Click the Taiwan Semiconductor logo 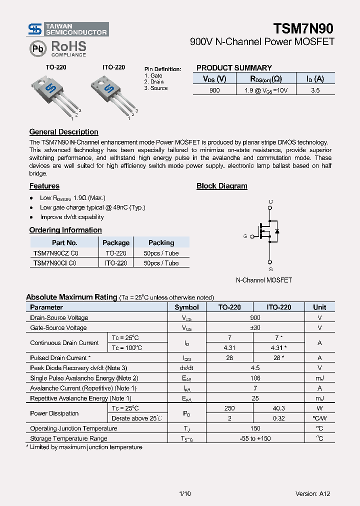[x=67, y=29]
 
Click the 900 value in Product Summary [x=214, y=90]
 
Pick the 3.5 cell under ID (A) [x=315, y=90]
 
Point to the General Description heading [x=63, y=132]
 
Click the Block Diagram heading [x=221, y=186]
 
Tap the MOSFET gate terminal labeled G [x=245, y=236]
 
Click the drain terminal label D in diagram [x=270, y=202]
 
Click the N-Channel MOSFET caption [x=263, y=280]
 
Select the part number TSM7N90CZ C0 [x=55, y=253]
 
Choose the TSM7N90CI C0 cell [x=54, y=263]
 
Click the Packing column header [x=161, y=242]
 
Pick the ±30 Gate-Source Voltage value [x=255, y=328]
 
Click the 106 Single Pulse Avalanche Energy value [x=255, y=378]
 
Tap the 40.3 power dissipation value [x=278, y=408]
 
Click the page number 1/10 [x=184, y=493]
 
